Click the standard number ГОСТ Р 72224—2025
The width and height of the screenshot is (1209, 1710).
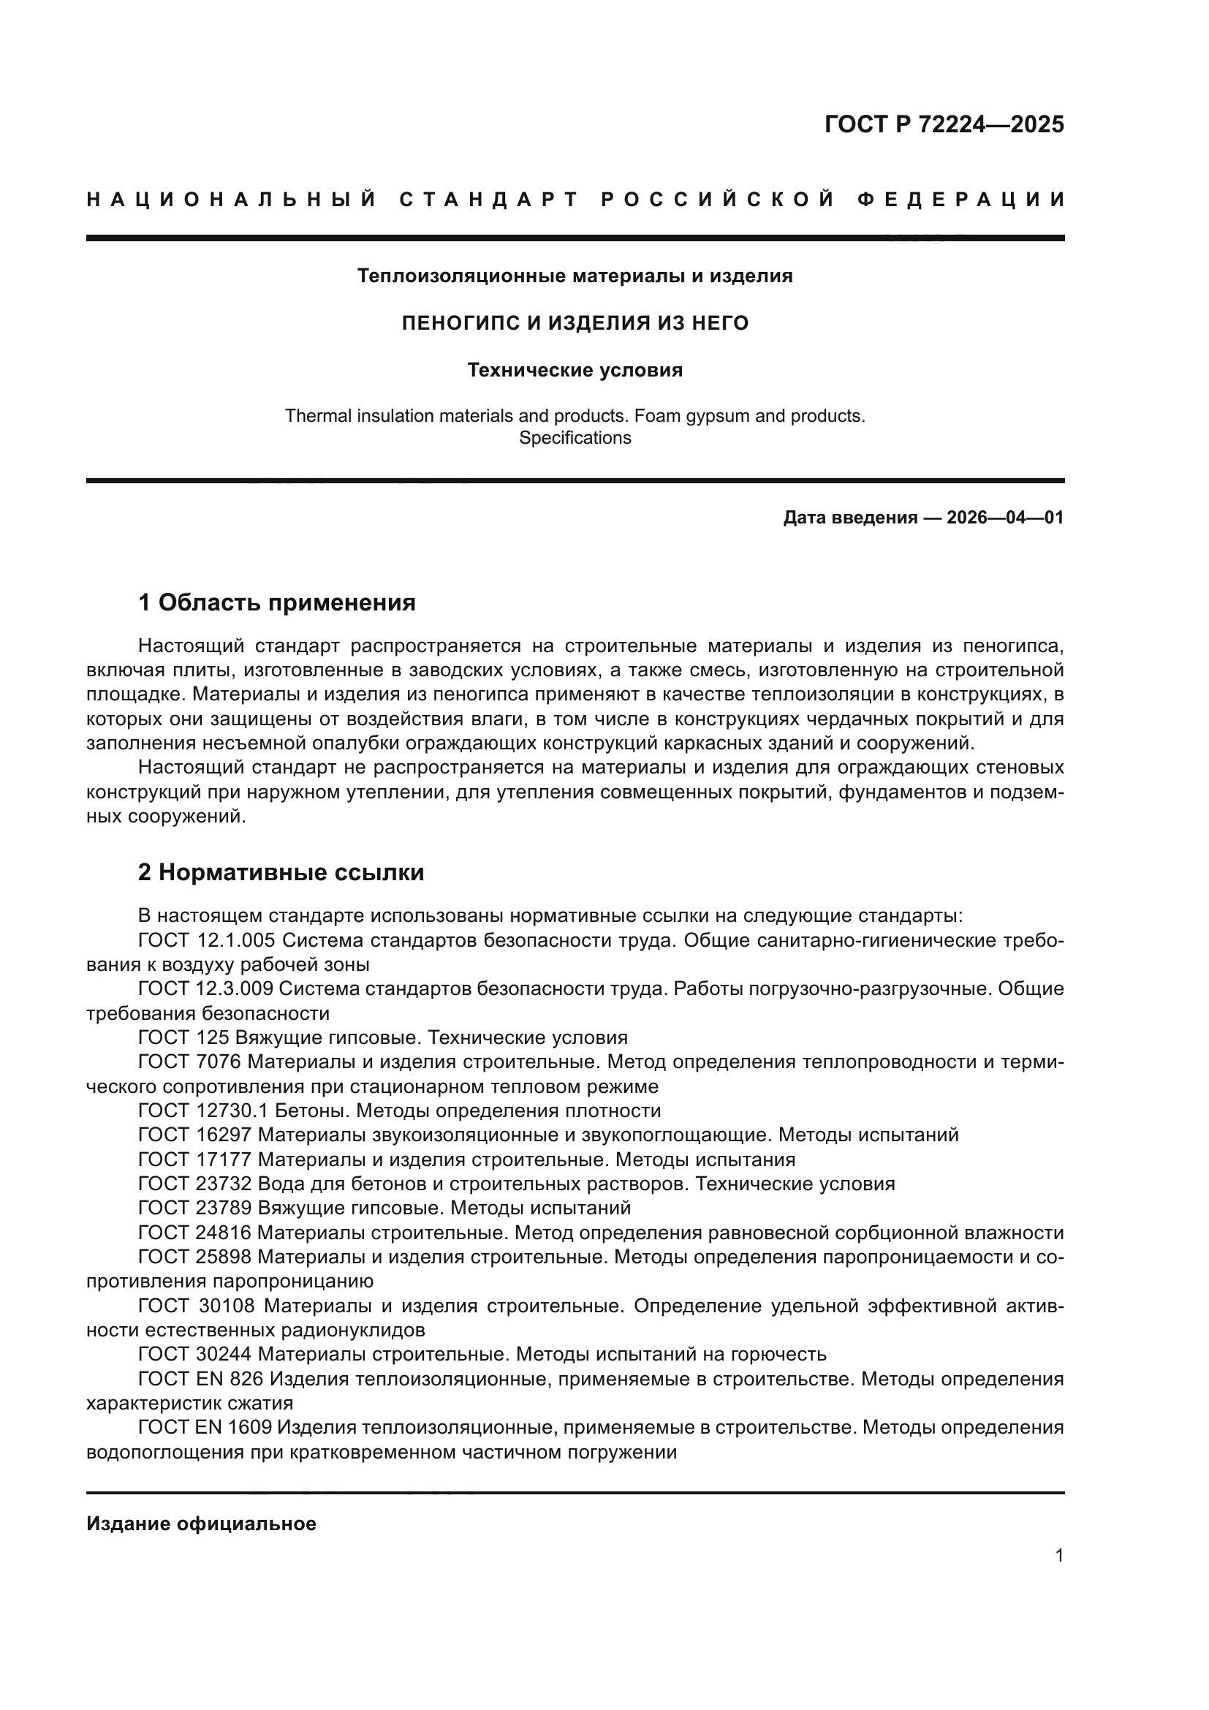[x=943, y=124]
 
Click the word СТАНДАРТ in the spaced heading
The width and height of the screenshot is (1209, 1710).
[x=488, y=200]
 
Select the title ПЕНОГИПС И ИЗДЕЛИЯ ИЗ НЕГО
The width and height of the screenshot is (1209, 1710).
[x=575, y=323]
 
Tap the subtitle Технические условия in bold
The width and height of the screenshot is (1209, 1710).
[x=575, y=370]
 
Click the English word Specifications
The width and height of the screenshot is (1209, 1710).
[x=575, y=438]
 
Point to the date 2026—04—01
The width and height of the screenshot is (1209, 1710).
[x=1004, y=518]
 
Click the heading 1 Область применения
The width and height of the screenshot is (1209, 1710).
[x=276, y=602]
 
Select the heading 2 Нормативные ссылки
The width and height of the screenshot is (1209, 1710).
[x=281, y=872]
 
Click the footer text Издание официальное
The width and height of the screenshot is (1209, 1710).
[x=201, y=1524]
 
